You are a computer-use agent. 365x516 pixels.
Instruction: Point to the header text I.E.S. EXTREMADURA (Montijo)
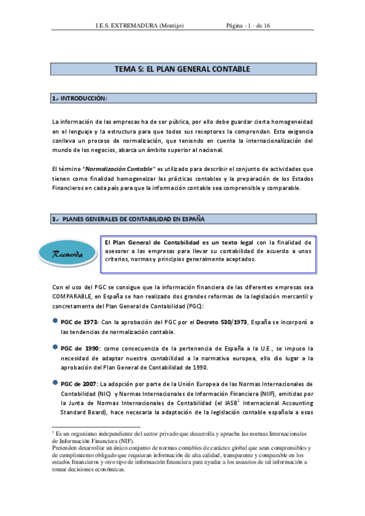coord(140,26)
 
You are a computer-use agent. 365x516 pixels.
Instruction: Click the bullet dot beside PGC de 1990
coord(55,347)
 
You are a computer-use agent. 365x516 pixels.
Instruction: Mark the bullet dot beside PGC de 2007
coord(55,383)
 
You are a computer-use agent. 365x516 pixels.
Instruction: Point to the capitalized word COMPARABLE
coord(73,296)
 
